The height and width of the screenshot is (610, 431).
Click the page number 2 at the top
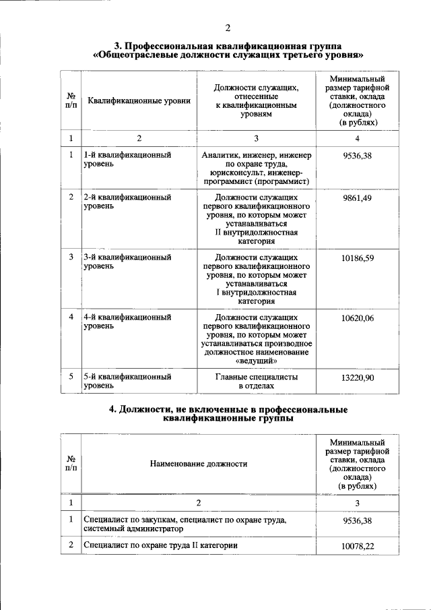tap(228, 28)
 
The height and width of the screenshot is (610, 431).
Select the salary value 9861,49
tap(357, 197)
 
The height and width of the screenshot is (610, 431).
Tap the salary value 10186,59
tap(357, 257)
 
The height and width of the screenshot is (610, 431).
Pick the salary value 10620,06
tap(357, 317)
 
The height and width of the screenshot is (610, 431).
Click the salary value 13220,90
tap(357, 378)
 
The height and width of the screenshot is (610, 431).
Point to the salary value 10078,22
tap(357, 545)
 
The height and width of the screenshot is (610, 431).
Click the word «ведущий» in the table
tap(256, 361)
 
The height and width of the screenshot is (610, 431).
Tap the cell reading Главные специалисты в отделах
tap(256, 382)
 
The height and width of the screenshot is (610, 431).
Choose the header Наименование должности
tap(198, 464)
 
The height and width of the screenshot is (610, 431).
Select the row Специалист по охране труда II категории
tap(161, 545)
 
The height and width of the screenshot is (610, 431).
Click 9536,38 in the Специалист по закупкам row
tap(357, 521)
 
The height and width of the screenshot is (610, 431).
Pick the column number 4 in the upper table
tap(357, 138)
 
